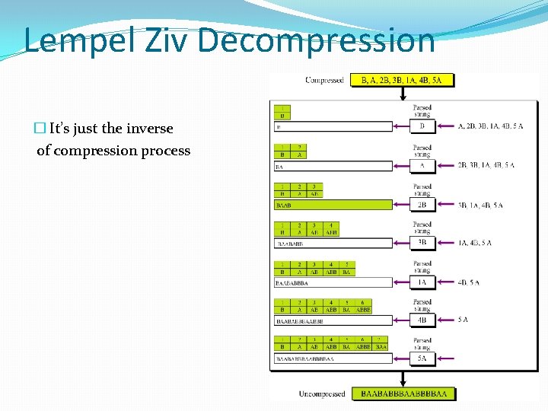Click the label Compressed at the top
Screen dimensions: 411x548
pyautogui.click(x=324, y=80)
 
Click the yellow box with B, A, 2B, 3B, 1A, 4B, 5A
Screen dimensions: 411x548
pyautogui.click(x=401, y=80)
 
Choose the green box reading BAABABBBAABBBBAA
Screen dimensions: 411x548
pyautogui.click(x=403, y=393)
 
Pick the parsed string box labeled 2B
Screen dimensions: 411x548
pyautogui.click(x=422, y=205)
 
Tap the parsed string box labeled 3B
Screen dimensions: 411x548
pyautogui.click(x=422, y=243)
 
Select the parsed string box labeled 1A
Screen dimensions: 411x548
pyautogui.click(x=422, y=282)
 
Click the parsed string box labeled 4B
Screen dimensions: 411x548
pyautogui.click(x=422, y=320)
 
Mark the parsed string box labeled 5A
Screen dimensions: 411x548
pyautogui.click(x=422, y=358)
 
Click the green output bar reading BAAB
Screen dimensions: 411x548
pyautogui.click(x=333, y=205)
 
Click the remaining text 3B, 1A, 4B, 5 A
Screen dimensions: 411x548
pyautogui.click(x=480, y=205)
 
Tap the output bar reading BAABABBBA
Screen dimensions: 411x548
pyautogui.click(x=333, y=282)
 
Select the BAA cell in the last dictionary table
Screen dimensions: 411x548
pyautogui.click(x=381, y=347)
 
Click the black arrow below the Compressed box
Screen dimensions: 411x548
pyautogui.click(x=401, y=94)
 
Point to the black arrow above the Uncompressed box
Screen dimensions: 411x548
pyautogui.click(x=401, y=378)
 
